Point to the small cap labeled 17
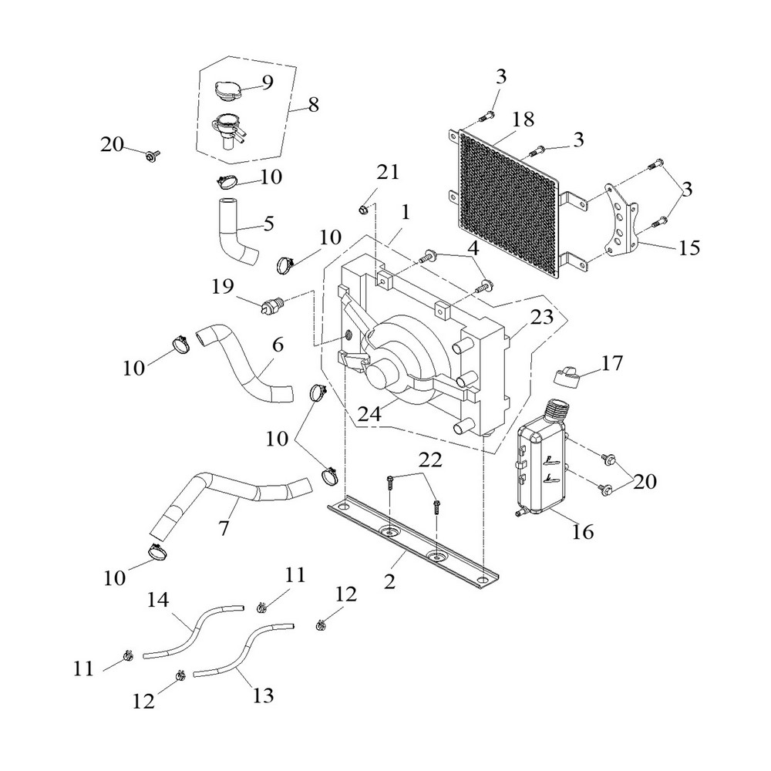pos(568,375)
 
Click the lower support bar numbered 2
pos(409,540)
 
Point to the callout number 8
pos(314,106)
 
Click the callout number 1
pos(406,210)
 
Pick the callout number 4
pos(472,249)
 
